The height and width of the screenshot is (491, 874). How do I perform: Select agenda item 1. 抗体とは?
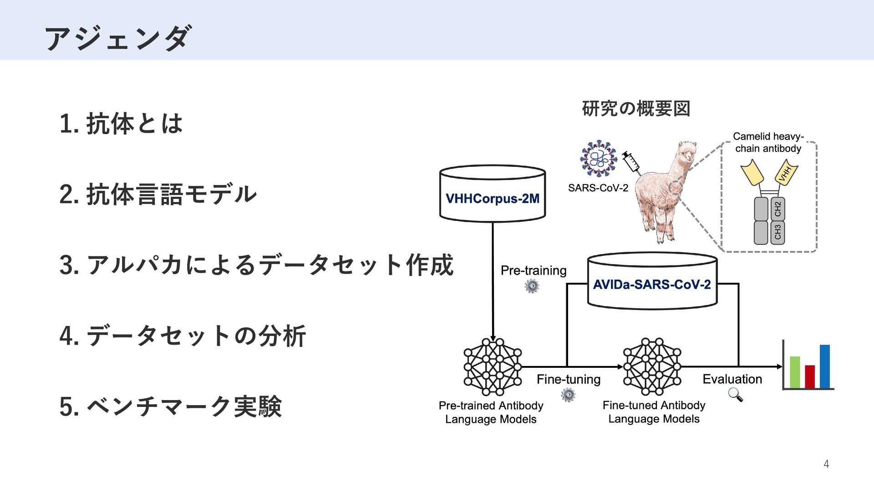121,124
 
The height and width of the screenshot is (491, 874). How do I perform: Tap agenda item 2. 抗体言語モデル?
158,194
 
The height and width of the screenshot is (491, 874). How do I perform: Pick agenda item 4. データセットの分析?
183,336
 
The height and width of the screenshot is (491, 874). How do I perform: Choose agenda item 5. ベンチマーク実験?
171,406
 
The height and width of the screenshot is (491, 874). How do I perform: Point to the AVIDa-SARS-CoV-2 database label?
652,285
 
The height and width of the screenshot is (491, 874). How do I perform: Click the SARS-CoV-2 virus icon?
599,159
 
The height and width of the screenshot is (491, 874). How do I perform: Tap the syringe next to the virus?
631,162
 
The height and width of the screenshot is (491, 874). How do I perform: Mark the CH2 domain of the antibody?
777,209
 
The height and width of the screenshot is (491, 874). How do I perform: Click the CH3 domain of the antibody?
777,232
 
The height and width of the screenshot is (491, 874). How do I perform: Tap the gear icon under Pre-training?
532,286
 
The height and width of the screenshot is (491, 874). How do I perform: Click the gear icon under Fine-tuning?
568,395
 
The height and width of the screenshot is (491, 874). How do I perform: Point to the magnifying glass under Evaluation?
735,394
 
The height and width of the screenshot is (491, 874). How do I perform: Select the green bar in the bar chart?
795,372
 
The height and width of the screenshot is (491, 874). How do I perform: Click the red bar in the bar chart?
810,376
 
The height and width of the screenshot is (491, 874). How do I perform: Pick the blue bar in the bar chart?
825,366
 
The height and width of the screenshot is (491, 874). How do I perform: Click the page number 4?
826,464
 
